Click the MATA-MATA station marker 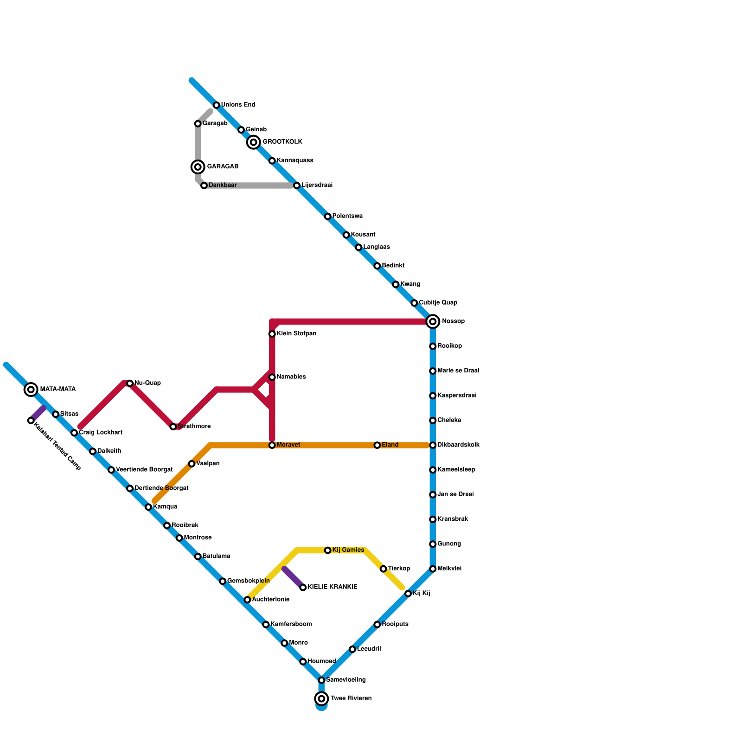click(x=31, y=390)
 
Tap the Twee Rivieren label click(x=351, y=698)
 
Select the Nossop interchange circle click(x=433, y=321)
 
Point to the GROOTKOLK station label click(x=282, y=142)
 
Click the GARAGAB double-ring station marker click(x=198, y=167)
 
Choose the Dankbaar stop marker click(x=204, y=185)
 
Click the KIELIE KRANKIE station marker click(x=303, y=588)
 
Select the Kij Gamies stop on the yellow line click(x=328, y=550)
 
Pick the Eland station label click(x=390, y=445)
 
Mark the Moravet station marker click(x=272, y=445)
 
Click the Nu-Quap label click(x=147, y=383)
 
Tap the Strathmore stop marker click(x=173, y=427)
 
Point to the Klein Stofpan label click(x=296, y=334)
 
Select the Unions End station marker click(x=217, y=105)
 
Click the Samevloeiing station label click(x=345, y=680)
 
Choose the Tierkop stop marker click(x=383, y=569)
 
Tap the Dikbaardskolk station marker click(x=433, y=445)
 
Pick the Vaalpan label click(x=208, y=464)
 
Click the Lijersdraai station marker click(x=297, y=185)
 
